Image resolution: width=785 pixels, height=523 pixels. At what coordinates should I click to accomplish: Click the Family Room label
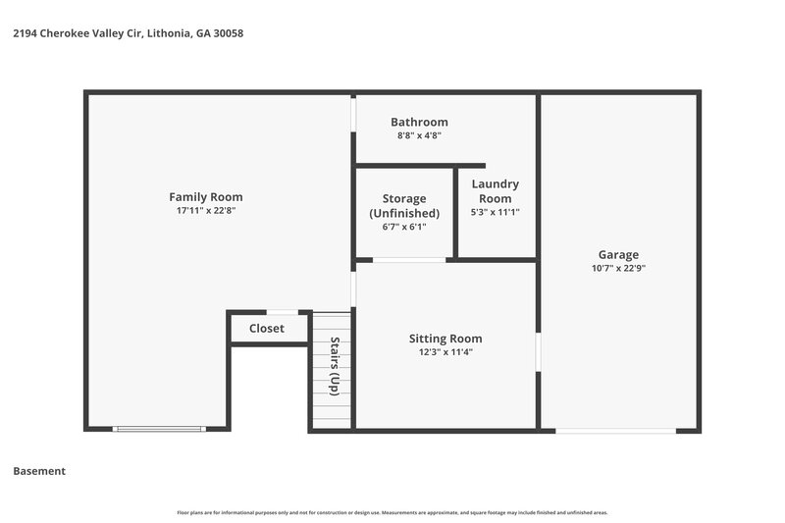coord(205,196)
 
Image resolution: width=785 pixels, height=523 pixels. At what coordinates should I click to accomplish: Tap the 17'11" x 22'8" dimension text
coord(205,210)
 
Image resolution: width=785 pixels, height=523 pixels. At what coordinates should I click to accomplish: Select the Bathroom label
coord(419,122)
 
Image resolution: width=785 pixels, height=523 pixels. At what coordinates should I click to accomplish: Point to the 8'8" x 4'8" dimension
coord(419,135)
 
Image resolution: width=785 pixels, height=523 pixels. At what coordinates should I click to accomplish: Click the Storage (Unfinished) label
coord(403,206)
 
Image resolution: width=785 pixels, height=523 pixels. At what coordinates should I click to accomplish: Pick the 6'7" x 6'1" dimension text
coord(403,227)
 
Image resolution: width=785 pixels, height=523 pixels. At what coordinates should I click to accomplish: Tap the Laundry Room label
coord(495,190)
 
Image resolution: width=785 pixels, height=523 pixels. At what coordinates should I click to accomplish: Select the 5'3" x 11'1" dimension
coord(495,212)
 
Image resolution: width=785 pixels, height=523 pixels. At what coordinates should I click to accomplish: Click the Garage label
coord(618,253)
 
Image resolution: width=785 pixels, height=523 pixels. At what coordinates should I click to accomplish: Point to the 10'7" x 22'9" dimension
coord(618,267)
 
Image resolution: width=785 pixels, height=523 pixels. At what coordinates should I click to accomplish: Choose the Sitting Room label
coord(445,339)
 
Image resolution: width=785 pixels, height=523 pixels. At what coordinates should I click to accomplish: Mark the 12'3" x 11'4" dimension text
coord(445,352)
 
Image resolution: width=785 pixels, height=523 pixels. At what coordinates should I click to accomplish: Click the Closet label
coord(266,328)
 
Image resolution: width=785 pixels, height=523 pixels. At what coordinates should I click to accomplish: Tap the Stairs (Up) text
coord(334,366)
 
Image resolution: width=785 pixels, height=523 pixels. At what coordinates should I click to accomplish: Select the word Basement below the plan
coord(39,471)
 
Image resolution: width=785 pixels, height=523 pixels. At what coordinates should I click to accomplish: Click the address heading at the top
coord(128,33)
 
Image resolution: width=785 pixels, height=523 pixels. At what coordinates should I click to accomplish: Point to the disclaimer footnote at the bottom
coord(392,512)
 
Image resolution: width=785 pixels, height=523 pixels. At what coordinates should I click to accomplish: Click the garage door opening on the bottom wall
coord(615,430)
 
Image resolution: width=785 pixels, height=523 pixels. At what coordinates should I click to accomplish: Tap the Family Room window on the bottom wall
coord(158,429)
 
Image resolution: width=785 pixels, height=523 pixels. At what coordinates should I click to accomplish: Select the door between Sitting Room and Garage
coord(538,352)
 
